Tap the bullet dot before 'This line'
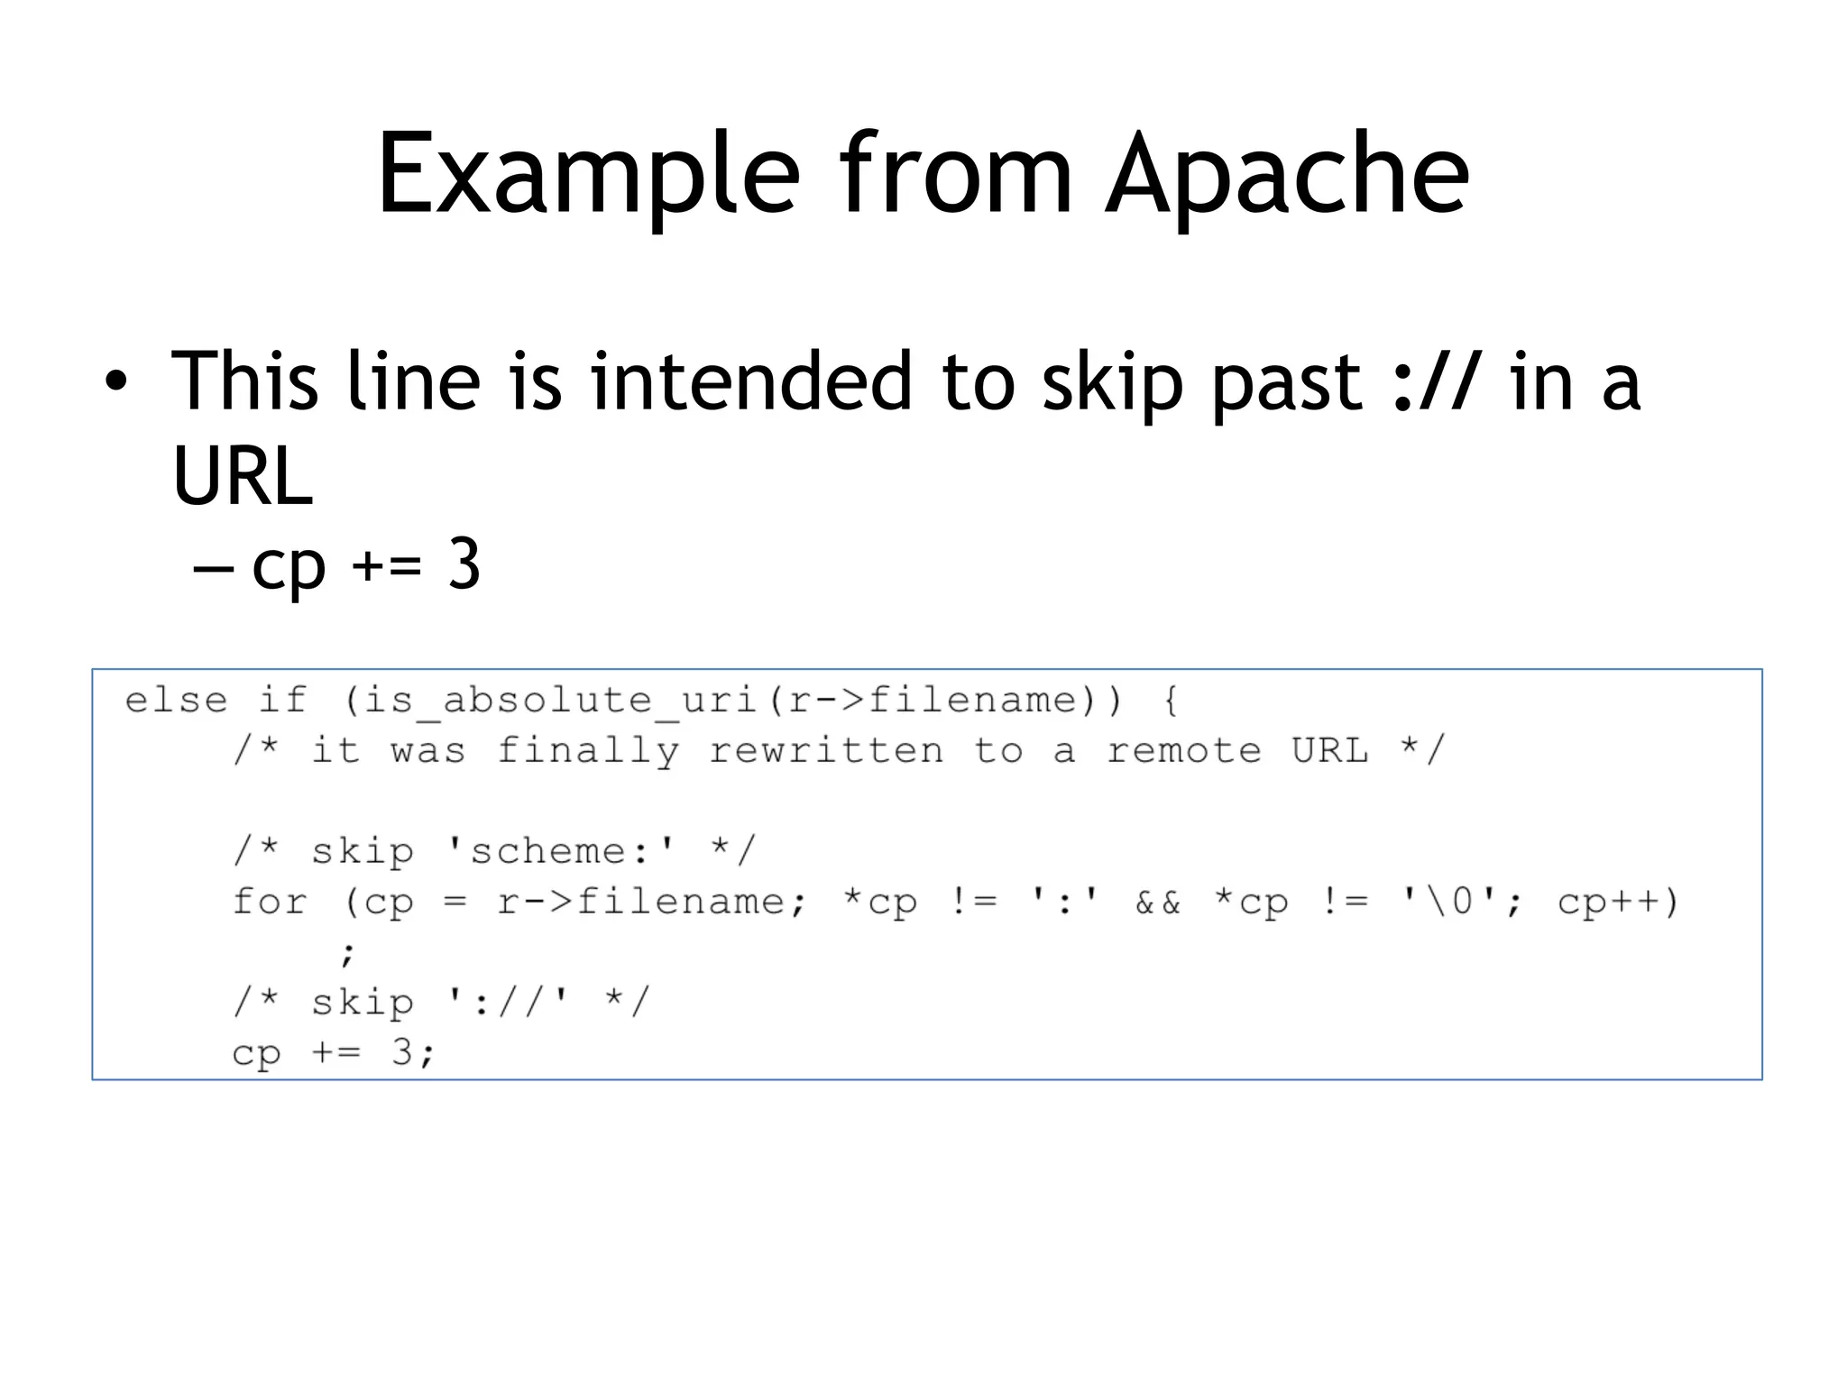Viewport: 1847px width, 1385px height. (115, 382)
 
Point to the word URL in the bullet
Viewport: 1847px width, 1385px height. (242, 475)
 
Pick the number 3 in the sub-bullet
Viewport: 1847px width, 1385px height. (464, 565)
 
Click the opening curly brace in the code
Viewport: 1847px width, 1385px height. (1171, 701)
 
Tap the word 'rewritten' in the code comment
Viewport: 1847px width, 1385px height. (826, 751)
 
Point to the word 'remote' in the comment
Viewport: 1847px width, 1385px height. (1183, 751)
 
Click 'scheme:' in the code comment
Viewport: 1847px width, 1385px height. (559, 851)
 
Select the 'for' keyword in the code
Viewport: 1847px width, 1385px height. (270, 902)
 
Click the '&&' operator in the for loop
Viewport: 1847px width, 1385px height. (1157, 902)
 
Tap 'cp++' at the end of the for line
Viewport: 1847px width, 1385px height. (1609, 902)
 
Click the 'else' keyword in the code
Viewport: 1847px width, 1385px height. (176, 701)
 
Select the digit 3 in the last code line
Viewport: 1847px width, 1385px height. (402, 1052)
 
